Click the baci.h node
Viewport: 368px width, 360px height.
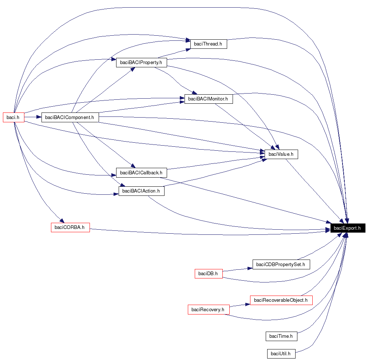click(x=13, y=117)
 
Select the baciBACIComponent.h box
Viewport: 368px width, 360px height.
click(x=70, y=117)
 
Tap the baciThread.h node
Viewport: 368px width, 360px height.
click(x=208, y=44)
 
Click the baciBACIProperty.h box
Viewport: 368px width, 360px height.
click(x=141, y=62)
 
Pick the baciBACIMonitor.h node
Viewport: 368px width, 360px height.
click(x=208, y=99)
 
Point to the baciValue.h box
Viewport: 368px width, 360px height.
click(x=281, y=154)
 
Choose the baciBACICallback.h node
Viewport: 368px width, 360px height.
click(x=141, y=173)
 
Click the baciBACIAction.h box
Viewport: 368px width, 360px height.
click(x=141, y=191)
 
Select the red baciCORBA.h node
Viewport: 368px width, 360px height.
click(x=70, y=228)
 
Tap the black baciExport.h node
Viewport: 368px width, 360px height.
click(x=347, y=228)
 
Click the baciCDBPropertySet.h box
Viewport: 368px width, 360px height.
click(x=281, y=265)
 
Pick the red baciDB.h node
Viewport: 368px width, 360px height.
click(x=209, y=273)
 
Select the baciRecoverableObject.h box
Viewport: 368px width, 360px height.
click(x=281, y=300)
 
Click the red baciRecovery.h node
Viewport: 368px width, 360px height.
click(x=209, y=309)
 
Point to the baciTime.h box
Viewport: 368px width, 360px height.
click(x=281, y=336)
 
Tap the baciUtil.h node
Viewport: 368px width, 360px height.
click(x=281, y=353)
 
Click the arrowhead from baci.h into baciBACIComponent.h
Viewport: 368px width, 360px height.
click(x=39, y=117)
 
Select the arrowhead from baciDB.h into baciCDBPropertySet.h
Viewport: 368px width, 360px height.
click(x=250, y=268)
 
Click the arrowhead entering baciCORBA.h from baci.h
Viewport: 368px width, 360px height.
click(x=62, y=221)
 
